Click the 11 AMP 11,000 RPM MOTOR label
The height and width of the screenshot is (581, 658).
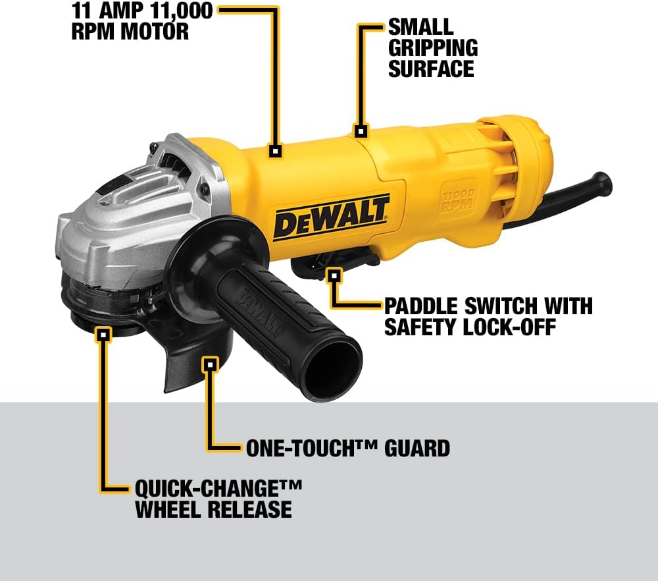tap(141, 20)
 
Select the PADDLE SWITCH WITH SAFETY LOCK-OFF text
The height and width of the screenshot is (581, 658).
tap(488, 316)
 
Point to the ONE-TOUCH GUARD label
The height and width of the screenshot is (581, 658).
tap(347, 448)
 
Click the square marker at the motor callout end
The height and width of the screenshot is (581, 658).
tap(276, 151)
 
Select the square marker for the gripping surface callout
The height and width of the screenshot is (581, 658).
tap(360, 130)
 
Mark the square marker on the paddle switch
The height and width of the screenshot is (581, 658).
tap(335, 274)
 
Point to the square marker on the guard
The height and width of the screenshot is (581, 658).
tap(210, 364)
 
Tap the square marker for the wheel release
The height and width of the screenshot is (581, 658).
tap(103, 334)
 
